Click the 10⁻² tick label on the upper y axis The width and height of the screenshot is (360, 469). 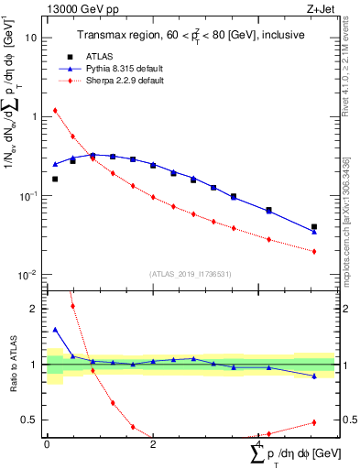click(27, 275)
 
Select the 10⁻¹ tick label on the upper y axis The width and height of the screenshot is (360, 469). click(27, 196)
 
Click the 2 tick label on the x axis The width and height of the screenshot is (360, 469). click(153, 444)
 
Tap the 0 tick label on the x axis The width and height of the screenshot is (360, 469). click(47, 444)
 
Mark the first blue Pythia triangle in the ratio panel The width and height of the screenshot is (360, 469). click(55, 330)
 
